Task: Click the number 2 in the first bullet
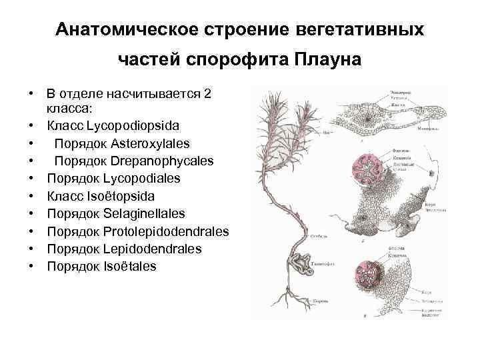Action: [x=207, y=94]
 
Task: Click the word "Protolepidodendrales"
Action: [x=167, y=231]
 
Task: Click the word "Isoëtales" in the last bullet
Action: [x=130, y=267]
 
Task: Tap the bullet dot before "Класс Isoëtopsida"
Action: [x=31, y=196]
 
